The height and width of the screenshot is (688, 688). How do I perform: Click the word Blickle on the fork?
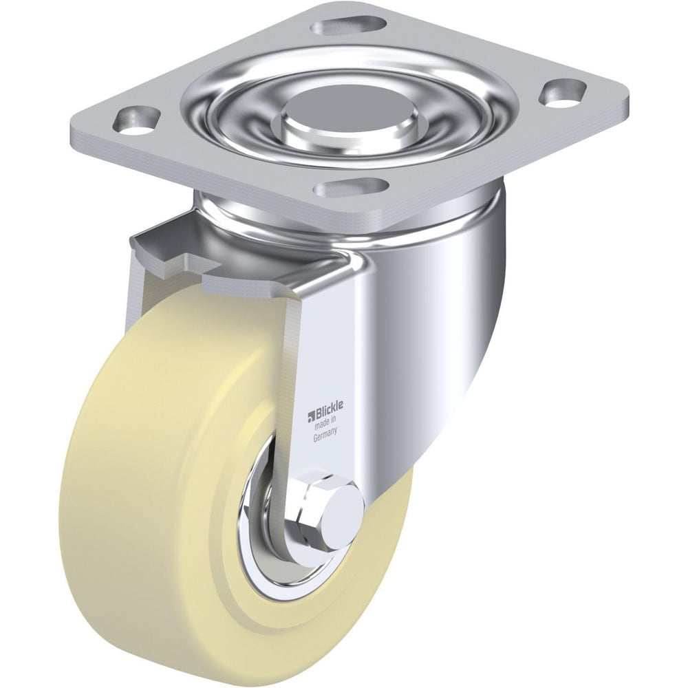pos(327,410)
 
